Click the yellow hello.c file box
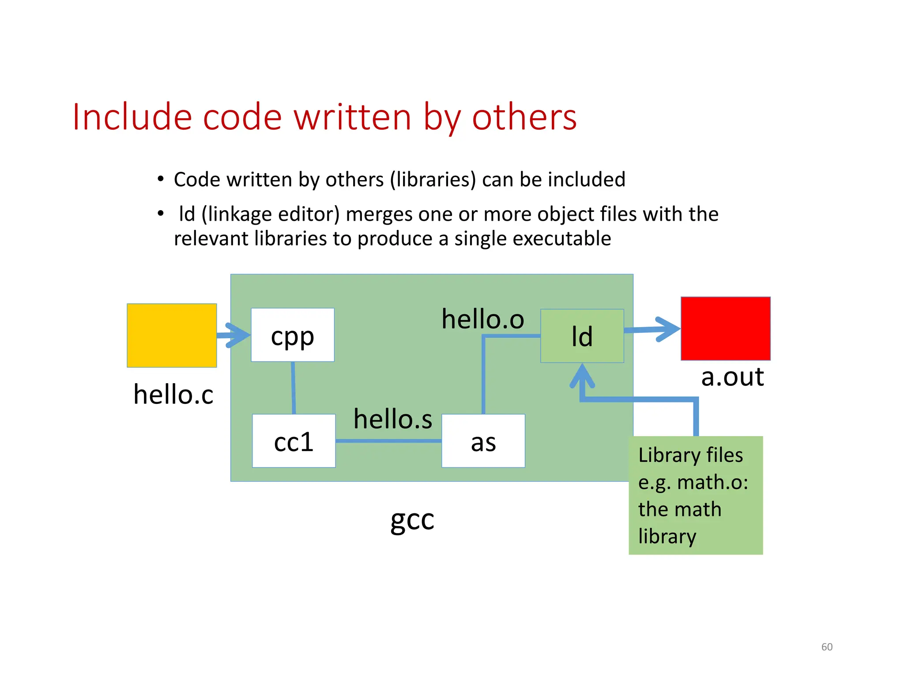tap(172, 335)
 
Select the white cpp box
tap(293, 335)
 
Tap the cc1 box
tap(294, 441)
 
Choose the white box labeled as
tap(483, 441)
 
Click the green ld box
tap(582, 336)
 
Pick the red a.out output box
tap(725, 328)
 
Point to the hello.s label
tap(393, 419)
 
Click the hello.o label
tap(483, 319)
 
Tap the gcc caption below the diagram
tap(412, 520)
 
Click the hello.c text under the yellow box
tap(173, 394)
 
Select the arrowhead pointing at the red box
tap(669, 329)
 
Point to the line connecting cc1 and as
tap(388, 441)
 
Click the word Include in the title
tap(132, 117)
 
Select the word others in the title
tap(524, 117)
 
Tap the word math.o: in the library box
tap(712, 482)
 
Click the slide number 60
tap(827, 647)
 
